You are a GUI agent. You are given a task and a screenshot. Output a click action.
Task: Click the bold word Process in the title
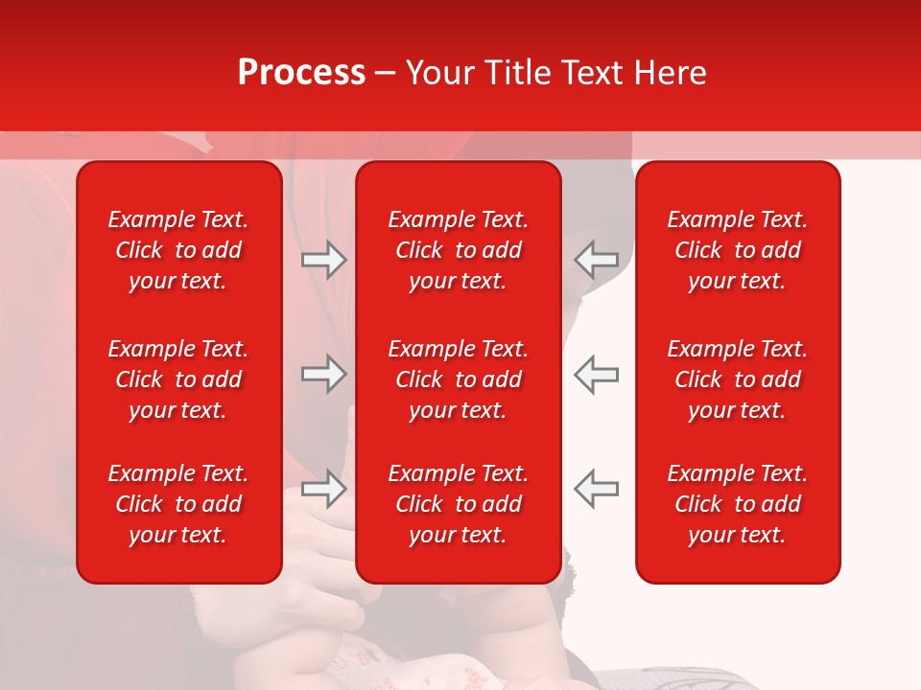tap(301, 73)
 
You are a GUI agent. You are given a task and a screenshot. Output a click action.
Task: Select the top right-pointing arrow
tap(323, 260)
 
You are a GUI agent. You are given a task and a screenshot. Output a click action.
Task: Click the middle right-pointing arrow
tap(323, 374)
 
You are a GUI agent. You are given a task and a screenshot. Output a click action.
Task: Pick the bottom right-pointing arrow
tap(323, 488)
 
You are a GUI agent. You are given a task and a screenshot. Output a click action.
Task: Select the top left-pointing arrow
tap(597, 260)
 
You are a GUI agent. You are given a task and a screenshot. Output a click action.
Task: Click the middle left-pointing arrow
tap(597, 374)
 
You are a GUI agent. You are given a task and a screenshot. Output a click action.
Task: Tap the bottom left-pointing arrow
tap(597, 488)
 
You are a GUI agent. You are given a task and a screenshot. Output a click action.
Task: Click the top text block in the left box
tap(178, 250)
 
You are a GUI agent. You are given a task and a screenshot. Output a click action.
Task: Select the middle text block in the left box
tap(178, 379)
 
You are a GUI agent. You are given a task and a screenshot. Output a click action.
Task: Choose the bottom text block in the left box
tap(178, 504)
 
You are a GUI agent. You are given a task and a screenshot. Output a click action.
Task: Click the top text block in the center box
tap(459, 250)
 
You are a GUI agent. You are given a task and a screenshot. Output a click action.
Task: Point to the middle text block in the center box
tap(459, 379)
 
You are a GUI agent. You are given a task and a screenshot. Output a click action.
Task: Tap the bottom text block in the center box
tap(459, 504)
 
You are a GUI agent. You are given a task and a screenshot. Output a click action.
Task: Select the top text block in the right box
tap(738, 250)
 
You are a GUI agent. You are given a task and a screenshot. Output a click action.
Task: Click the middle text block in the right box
tap(738, 379)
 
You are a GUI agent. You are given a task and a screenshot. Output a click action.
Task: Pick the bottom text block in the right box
tap(738, 504)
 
